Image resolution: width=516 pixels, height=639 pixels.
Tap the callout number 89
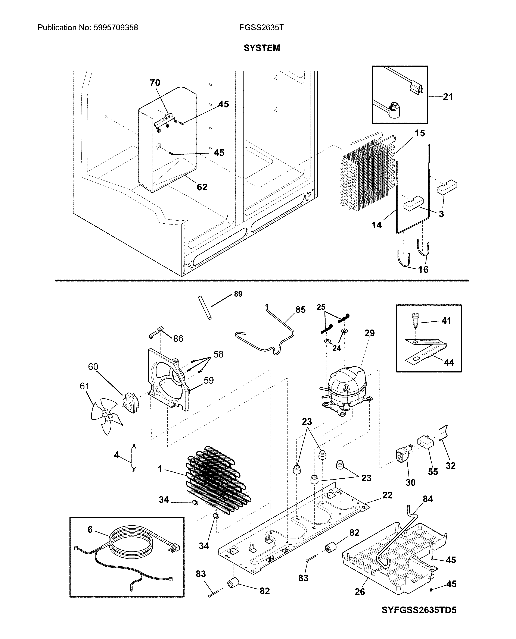pyautogui.click(x=238, y=294)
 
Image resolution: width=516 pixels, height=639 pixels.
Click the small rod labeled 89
pyautogui.click(x=205, y=308)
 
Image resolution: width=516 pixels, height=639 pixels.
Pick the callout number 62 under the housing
pyautogui.click(x=202, y=187)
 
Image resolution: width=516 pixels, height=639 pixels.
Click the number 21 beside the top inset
pyautogui.click(x=448, y=97)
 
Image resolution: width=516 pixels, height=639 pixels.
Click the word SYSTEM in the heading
pyautogui.click(x=262, y=48)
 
